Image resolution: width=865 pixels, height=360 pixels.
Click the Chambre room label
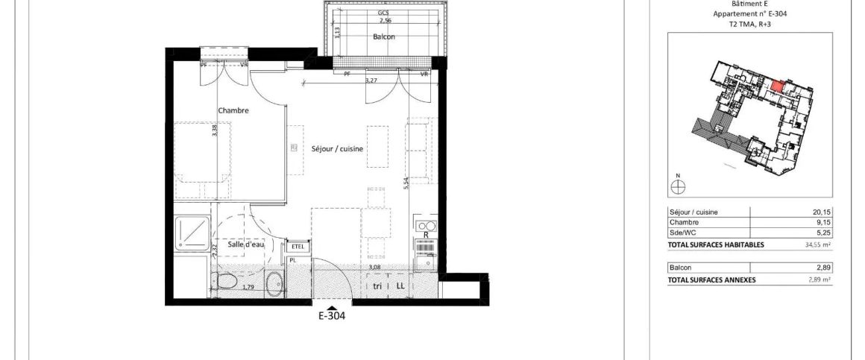tap(233, 110)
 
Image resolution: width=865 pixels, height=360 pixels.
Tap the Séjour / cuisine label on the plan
tap(337, 149)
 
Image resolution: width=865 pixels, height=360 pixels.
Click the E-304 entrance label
tap(331, 315)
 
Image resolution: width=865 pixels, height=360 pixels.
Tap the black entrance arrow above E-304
tap(331, 306)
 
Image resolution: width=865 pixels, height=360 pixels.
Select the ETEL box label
tap(298, 247)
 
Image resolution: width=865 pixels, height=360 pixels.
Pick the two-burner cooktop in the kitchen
tap(427, 226)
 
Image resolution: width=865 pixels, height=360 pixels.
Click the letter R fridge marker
tap(426, 235)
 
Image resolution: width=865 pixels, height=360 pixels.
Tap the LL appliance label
tap(400, 285)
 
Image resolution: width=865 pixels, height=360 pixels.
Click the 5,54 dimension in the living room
tap(406, 184)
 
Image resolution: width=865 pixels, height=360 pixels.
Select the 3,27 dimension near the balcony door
tap(371, 80)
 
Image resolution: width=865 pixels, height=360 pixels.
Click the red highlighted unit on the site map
tap(776, 86)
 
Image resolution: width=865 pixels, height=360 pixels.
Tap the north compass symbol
tap(678, 187)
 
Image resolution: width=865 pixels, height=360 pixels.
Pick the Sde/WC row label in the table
tap(684, 232)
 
